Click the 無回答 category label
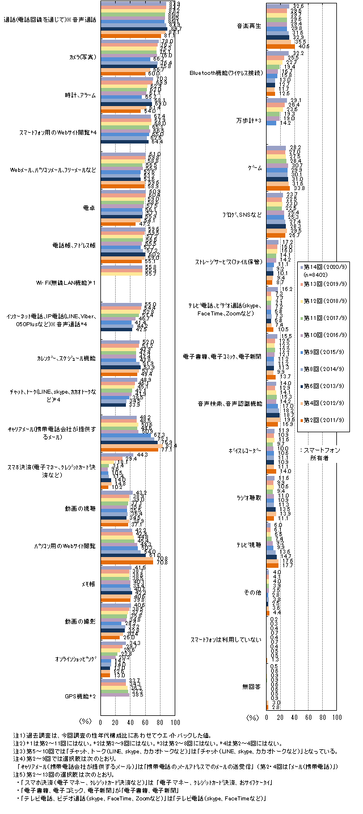tap(252, 686)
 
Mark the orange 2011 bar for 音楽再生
tap(280, 46)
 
